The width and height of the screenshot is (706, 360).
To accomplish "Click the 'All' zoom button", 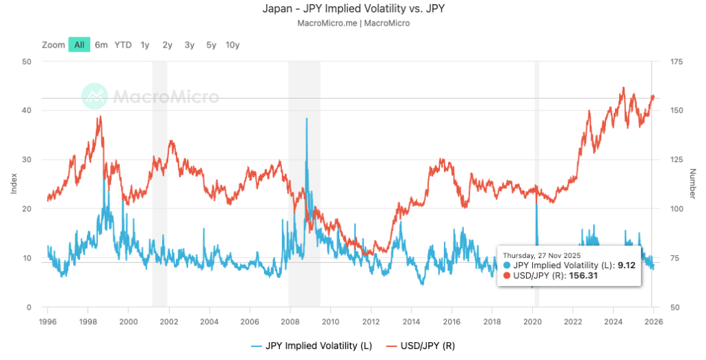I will click(x=79, y=45).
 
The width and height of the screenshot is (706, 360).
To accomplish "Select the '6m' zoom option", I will click(x=101, y=45).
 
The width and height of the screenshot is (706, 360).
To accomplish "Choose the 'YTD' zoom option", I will click(x=123, y=45).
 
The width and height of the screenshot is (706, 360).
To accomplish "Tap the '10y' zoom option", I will click(x=232, y=45).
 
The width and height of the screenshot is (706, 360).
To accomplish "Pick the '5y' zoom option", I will click(x=211, y=45).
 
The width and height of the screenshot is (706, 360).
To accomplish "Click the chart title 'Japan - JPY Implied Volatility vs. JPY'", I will click(x=352, y=10).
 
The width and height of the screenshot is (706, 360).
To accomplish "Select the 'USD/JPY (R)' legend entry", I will click(x=427, y=346).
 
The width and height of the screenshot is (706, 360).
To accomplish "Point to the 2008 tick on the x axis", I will click(x=290, y=321).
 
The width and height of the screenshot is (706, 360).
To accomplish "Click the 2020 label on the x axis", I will click(x=533, y=321).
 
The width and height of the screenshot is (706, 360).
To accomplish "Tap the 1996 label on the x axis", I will click(x=48, y=321).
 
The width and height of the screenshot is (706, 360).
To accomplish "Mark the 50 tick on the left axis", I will click(x=28, y=61).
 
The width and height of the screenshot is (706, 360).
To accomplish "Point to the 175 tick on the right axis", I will click(x=676, y=61).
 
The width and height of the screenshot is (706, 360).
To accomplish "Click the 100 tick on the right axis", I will click(x=676, y=209).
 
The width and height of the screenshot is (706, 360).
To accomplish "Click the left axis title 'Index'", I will click(x=14, y=184).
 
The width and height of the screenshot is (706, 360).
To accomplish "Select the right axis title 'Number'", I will click(x=692, y=184).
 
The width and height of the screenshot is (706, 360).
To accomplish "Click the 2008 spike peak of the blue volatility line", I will click(x=306, y=119).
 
